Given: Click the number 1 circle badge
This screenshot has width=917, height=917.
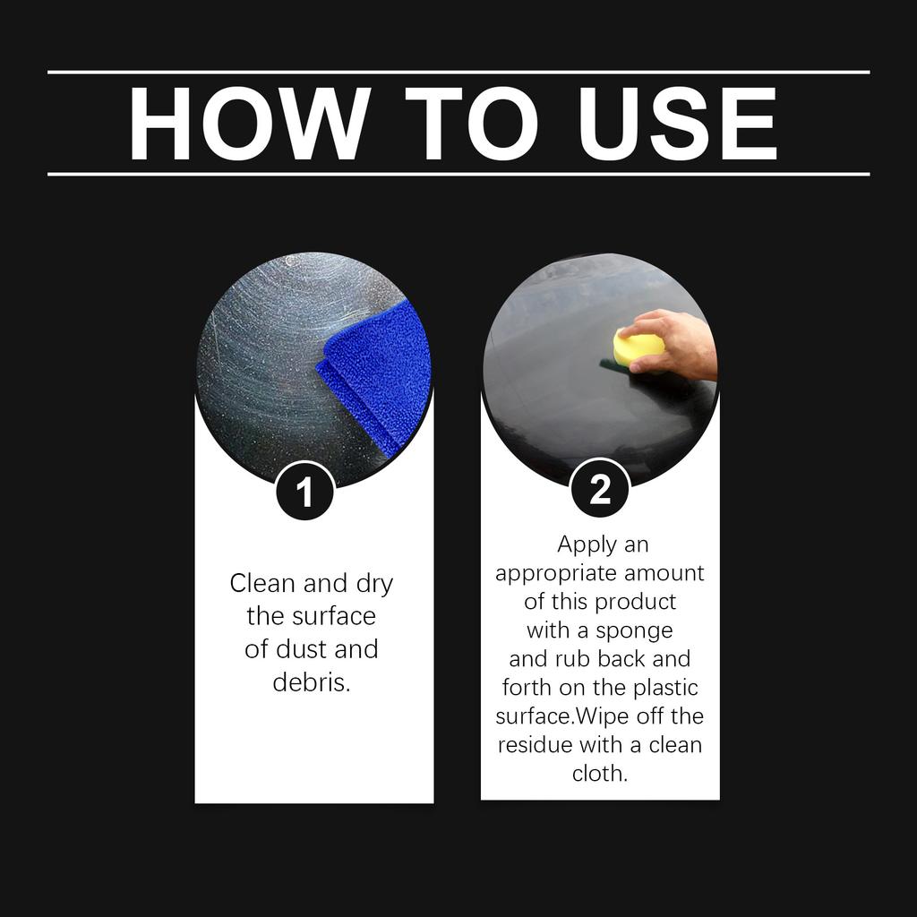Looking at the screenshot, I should point(304,493).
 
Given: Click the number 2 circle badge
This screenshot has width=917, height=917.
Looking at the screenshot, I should point(599,490).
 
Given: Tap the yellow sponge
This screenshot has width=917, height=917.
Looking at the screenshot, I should point(637,346).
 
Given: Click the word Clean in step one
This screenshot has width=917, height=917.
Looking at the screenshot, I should point(262,584).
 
